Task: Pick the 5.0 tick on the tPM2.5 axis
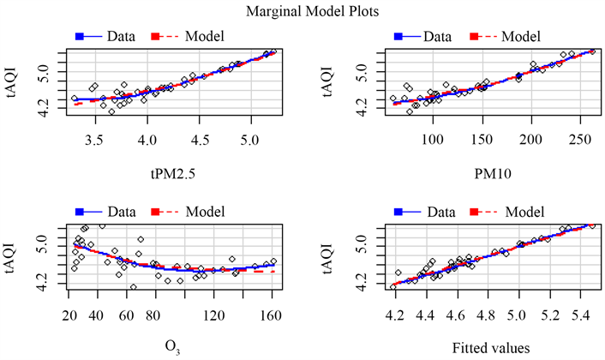click(250, 139)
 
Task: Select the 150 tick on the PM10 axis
click(482, 139)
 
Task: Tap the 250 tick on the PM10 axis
click(580, 139)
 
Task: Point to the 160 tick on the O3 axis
click(272, 315)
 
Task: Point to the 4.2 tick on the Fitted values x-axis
click(393, 315)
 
